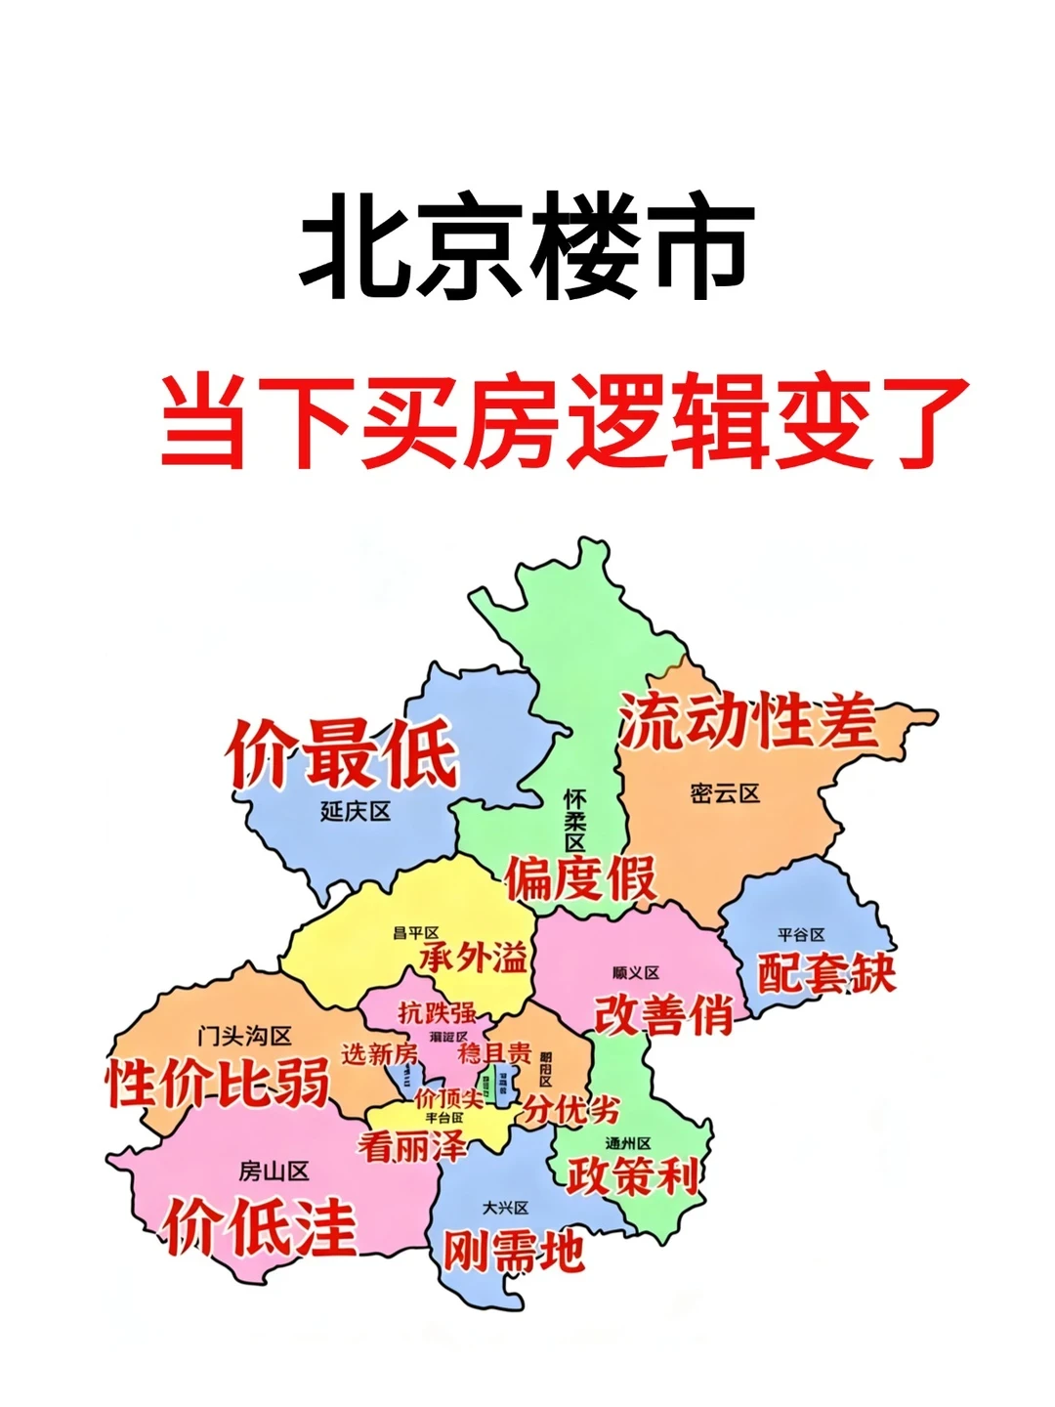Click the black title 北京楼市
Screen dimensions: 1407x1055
(x=527, y=246)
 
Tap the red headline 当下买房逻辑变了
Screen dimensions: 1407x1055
(x=564, y=422)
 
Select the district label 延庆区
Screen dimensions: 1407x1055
(x=356, y=811)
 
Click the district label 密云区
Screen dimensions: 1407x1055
(x=725, y=793)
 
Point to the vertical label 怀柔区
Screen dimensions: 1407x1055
(x=574, y=821)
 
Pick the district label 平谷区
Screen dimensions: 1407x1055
(x=801, y=935)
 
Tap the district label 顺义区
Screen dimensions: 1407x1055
(x=636, y=972)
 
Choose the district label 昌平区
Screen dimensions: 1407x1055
(x=416, y=933)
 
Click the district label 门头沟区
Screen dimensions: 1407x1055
(x=244, y=1036)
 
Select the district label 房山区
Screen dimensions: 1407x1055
(x=274, y=1171)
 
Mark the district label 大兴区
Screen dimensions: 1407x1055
(x=505, y=1208)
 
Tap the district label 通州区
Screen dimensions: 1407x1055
(x=628, y=1142)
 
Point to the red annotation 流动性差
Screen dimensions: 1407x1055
(x=748, y=721)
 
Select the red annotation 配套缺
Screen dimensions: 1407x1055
(x=826, y=972)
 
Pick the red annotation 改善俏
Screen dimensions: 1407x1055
(x=664, y=1014)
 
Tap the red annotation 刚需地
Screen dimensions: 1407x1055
(x=515, y=1251)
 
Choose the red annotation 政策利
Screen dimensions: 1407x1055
(x=634, y=1175)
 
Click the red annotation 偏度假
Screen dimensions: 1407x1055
(x=581, y=877)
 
